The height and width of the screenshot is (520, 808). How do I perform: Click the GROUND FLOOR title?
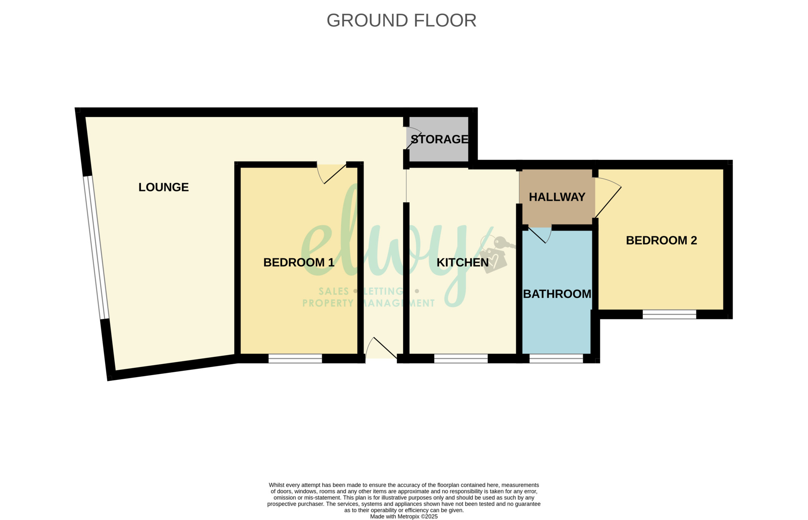tap(402, 20)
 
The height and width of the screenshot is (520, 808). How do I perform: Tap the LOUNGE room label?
tap(164, 187)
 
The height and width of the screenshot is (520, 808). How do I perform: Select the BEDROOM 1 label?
tap(299, 262)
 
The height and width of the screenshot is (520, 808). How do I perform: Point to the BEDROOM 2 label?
tap(661, 240)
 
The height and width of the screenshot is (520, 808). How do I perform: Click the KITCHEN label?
tap(463, 262)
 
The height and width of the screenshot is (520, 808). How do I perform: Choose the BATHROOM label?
tap(557, 294)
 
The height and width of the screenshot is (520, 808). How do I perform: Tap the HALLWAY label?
tap(557, 197)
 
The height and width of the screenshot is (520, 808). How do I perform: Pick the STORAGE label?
tap(440, 139)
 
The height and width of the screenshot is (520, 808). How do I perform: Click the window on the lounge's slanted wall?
tap(96, 247)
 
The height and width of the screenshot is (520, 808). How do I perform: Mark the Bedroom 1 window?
tap(295, 359)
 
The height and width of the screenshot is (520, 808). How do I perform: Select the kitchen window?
tap(461, 359)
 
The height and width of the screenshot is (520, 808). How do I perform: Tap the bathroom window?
tap(556, 359)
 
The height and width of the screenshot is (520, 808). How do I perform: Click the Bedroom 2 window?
tap(669, 314)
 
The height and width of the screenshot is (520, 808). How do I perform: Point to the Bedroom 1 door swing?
tap(331, 174)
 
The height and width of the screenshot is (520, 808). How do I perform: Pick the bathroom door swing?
tap(540, 235)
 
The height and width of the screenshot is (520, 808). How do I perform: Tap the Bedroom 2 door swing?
tap(608, 198)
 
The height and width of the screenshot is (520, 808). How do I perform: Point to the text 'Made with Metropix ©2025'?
tap(404, 516)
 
